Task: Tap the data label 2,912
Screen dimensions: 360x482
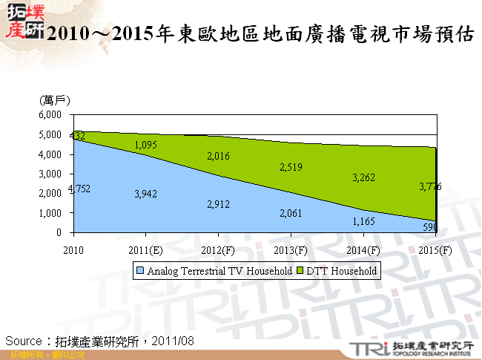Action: [x=220, y=203]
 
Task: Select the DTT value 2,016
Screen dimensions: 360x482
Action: [x=220, y=156]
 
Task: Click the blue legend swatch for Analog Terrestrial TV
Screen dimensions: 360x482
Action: [x=140, y=272]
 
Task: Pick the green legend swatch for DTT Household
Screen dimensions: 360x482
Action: [x=301, y=272]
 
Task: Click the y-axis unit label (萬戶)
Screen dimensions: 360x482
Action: [x=55, y=99]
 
